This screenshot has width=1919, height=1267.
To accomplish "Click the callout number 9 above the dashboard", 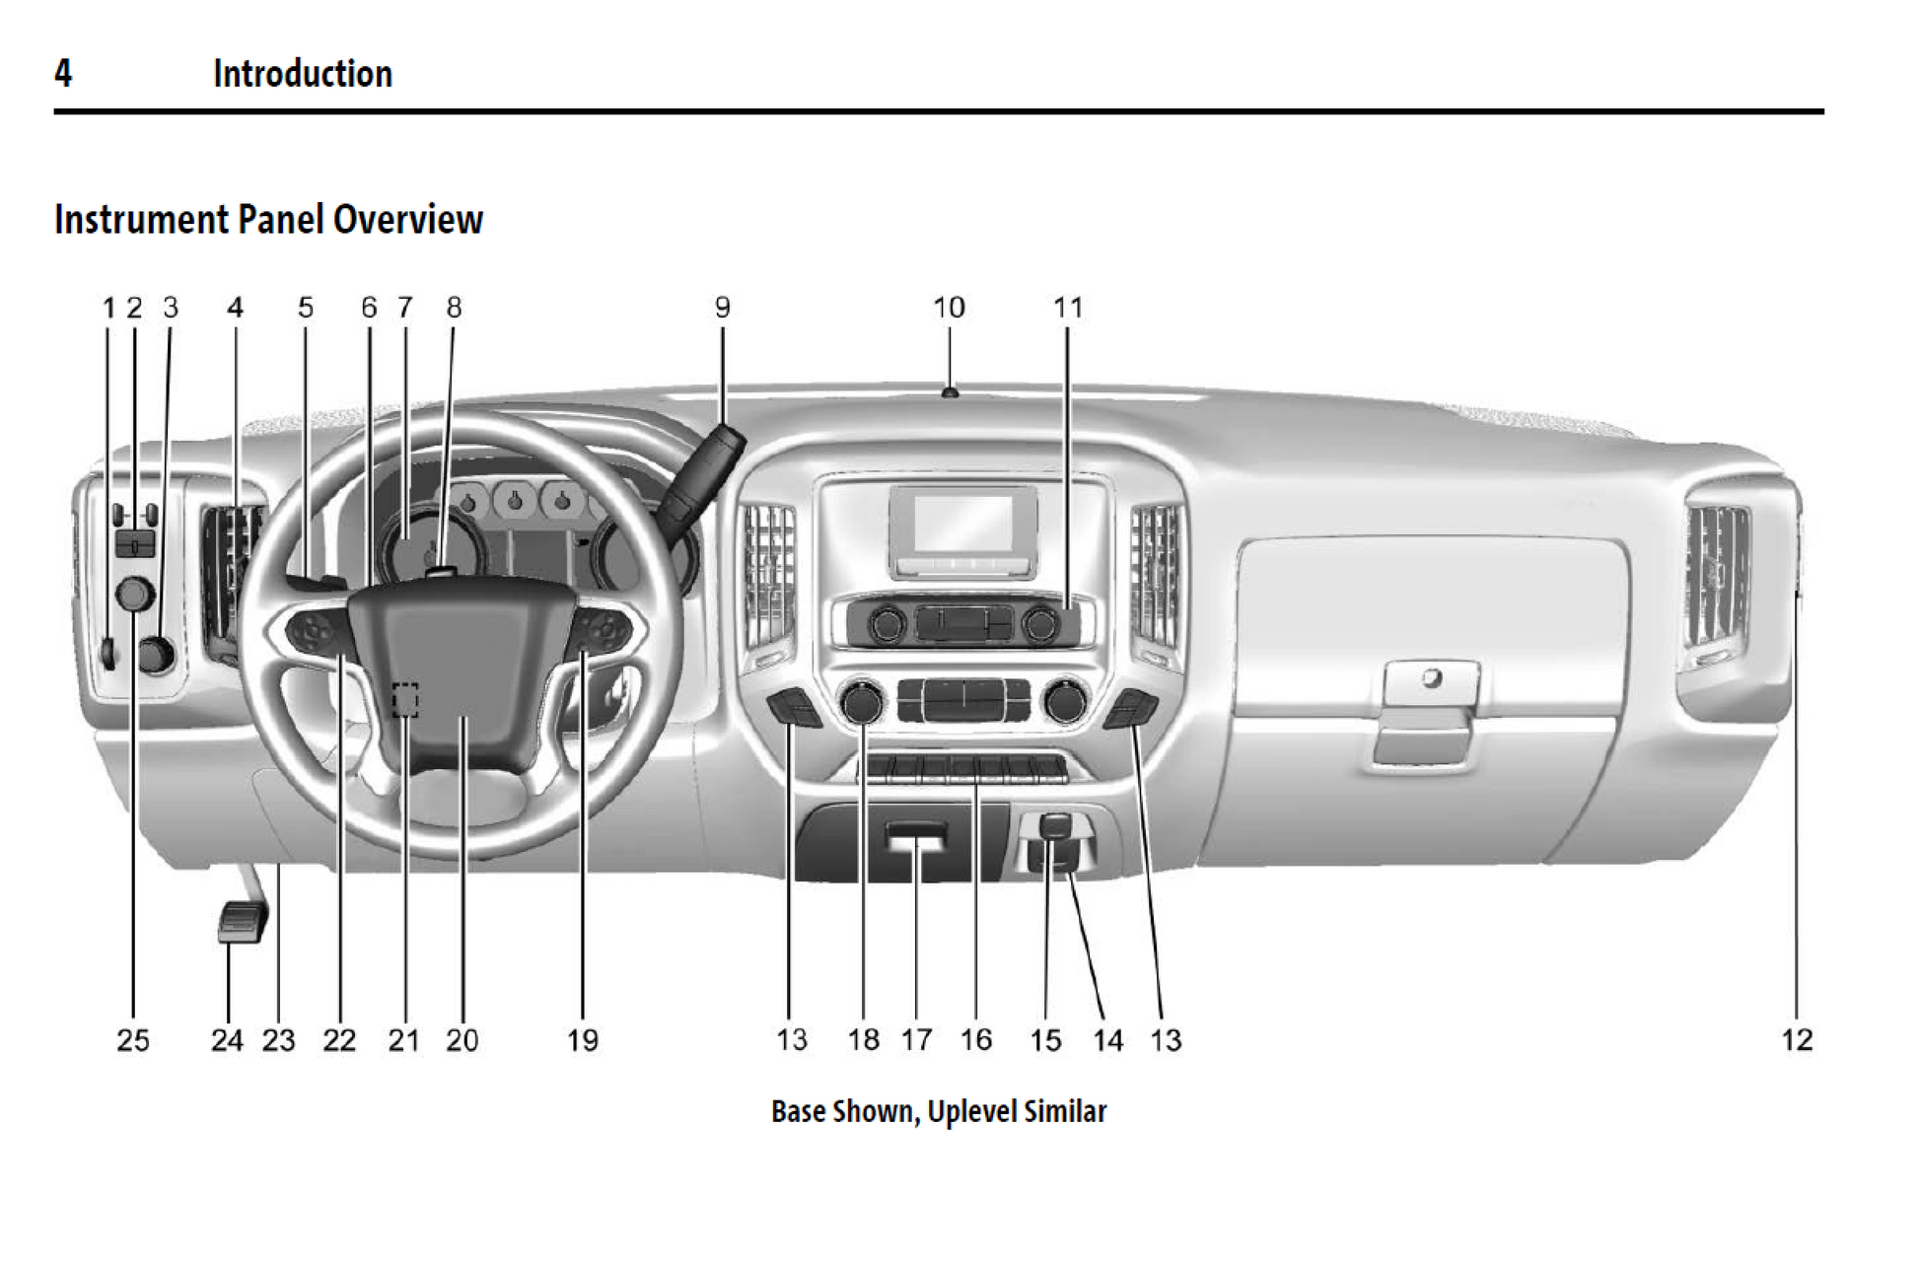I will coord(722,308).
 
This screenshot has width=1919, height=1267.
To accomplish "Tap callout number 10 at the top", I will coord(949,308).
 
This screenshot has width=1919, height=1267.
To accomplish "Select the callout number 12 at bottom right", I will coord(1797,1039).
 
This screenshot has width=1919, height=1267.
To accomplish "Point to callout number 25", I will coord(133,1039).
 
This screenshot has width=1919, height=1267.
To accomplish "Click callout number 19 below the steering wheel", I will coord(582,1039).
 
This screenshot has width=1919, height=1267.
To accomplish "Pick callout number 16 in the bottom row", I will coord(976,1039).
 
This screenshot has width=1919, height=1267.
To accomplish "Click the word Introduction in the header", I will coord(303,74).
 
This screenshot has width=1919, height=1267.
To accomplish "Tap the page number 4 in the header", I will coord(63,74).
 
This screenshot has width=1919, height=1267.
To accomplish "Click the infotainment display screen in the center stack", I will coord(962,524).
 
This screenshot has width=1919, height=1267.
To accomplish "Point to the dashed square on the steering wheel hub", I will coord(405,699).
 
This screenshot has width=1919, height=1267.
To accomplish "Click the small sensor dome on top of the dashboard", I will coord(950,392).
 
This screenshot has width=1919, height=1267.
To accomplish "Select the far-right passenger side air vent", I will coord(1718,577).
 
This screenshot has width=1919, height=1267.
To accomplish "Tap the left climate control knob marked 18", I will coord(862,702).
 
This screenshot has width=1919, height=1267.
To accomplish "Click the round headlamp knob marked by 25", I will coord(135,594).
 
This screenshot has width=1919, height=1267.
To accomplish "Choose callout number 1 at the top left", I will coord(108,308).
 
